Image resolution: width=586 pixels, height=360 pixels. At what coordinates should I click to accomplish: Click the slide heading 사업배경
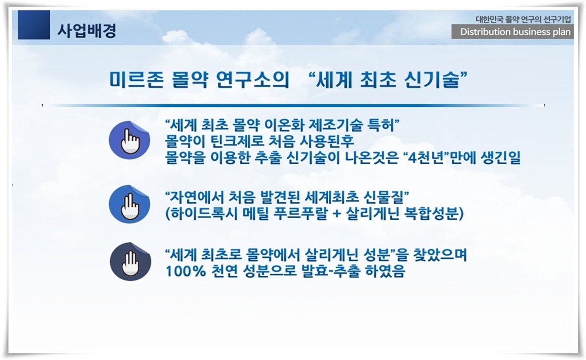coord(87,31)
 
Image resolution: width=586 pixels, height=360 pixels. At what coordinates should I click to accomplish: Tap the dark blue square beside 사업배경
coord(34,25)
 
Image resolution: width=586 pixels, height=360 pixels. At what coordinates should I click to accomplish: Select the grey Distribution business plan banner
coord(513,32)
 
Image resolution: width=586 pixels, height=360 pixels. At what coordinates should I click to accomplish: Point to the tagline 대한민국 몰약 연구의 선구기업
coord(523,19)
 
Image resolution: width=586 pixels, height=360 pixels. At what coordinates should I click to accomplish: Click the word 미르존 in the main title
coord(136,80)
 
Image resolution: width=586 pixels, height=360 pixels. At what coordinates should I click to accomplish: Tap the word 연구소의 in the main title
coord(253,80)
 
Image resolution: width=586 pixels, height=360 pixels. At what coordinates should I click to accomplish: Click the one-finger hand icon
coord(129,140)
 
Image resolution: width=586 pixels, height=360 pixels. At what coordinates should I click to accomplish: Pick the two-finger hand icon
coord(129,204)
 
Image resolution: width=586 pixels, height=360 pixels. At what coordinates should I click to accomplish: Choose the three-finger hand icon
coord(130,262)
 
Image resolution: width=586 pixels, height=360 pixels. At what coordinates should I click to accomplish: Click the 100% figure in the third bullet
coord(186,271)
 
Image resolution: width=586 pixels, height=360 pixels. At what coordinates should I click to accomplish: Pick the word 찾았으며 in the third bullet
coord(440,255)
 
